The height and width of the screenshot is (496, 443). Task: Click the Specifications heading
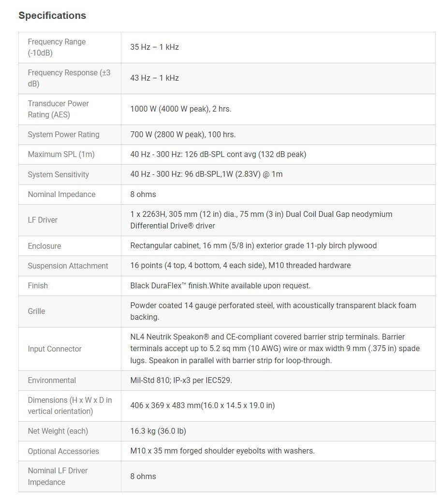52,15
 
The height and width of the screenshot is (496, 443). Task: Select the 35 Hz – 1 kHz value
154,47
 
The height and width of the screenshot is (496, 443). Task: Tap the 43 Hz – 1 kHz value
154,78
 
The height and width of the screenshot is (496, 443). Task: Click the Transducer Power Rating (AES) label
58,109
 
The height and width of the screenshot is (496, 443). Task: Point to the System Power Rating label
63,135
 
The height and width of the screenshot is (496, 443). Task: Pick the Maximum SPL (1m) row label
61,155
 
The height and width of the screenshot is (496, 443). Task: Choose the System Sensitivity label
58,175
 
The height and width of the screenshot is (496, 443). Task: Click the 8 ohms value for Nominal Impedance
143,195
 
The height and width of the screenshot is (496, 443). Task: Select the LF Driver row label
43,220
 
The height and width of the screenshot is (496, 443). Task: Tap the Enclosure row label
44,246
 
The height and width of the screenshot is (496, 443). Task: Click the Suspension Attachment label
68,266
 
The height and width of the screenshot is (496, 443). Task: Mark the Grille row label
36,312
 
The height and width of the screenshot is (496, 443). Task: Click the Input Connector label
55,349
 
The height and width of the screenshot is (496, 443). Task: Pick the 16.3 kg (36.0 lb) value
158,431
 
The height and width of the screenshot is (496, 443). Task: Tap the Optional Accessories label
63,452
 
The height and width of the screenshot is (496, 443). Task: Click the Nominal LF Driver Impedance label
58,477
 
